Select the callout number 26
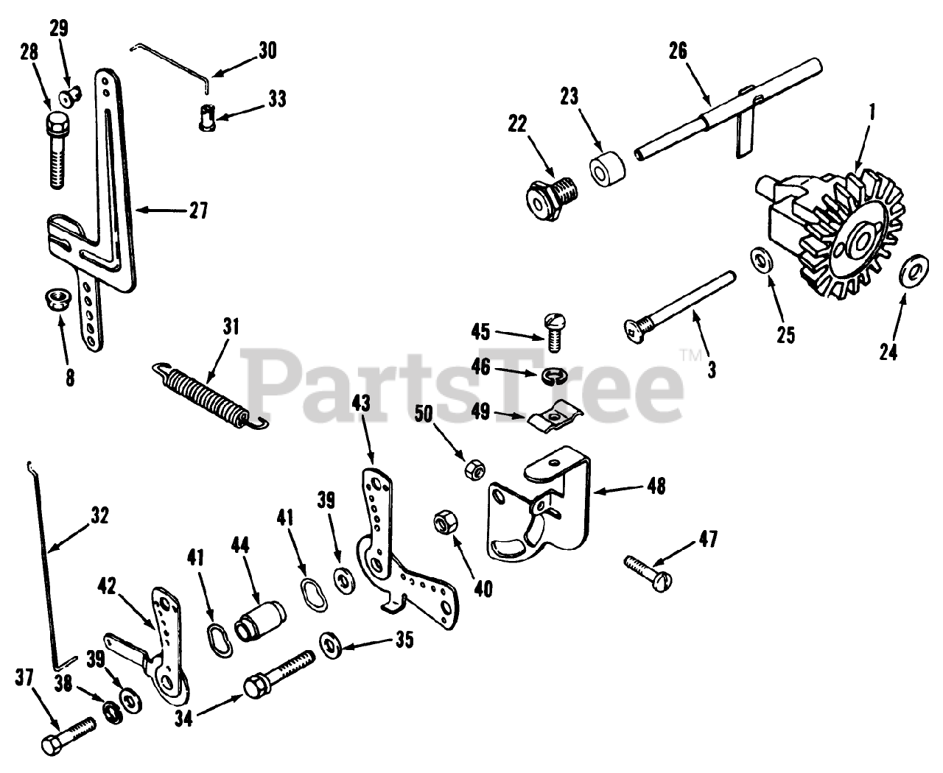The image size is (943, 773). [678, 51]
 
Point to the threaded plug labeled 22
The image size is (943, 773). [548, 199]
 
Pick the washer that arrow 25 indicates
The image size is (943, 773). [760, 261]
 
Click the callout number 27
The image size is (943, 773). [195, 211]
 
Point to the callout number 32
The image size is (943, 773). [98, 516]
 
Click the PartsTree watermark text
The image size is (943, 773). [464, 379]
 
